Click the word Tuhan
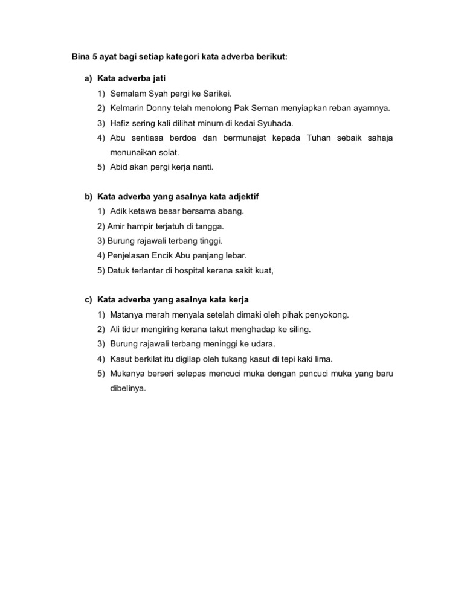[x=318, y=138]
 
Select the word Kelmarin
[x=127, y=109]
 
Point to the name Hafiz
[x=120, y=123]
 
